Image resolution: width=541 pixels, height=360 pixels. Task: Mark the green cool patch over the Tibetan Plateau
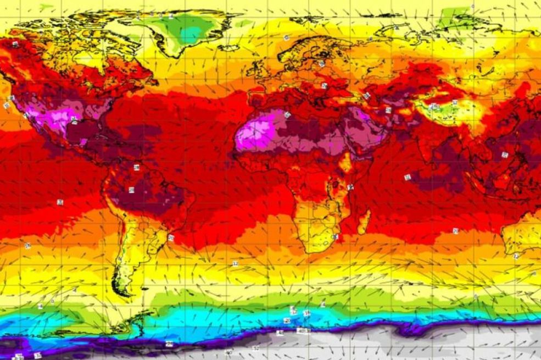(x=439, y=107)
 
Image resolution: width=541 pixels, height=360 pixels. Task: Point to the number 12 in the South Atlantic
(x=235, y=264)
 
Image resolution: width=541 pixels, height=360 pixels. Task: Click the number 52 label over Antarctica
(x=255, y=348)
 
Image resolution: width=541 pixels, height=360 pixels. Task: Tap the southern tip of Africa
(x=313, y=250)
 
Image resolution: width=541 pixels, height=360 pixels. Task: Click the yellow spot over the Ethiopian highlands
(x=346, y=162)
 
